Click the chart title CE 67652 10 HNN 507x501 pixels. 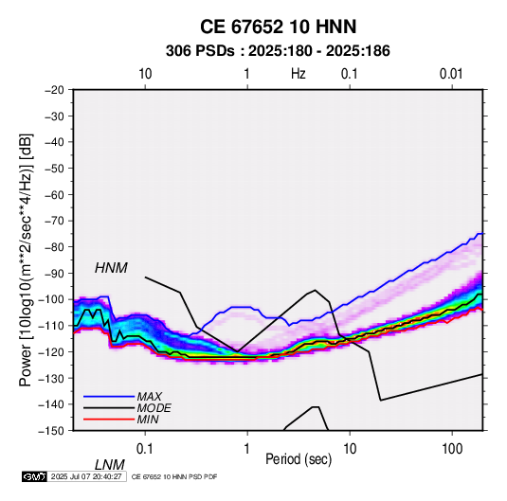pyautogui.click(x=278, y=27)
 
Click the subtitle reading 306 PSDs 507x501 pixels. pyautogui.click(x=200, y=51)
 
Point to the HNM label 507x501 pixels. pyautogui.click(x=111, y=268)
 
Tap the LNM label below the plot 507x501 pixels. pyautogui.click(x=110, y=465)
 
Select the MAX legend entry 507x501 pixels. pyautogui.click(x=150, y=396)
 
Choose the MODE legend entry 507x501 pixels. pyautogui.click(x=154, y=408)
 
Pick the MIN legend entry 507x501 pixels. pyautogui.click(x=148, y=420)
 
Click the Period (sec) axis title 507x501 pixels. pyautogui.click(x=299, y=459)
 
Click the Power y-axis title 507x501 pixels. pyautogui.click(x=26, y=260)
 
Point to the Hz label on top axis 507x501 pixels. pyautogui.click(x=299, y=74)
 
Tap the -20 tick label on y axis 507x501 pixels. pyautogui.click(x=55, y=90)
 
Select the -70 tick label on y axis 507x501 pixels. pyautogui.click(x=55, y=221)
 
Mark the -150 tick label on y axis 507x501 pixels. pyautogui.click(x=52, y=431)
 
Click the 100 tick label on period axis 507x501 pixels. pyautogui.click(x=452, y=449)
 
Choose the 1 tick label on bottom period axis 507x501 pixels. pyautogui.click(x=247, y=449)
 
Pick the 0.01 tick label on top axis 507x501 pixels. pyautogui.click(x=451, y=74)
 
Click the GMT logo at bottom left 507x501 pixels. pyautogui.click(x=35, y=476)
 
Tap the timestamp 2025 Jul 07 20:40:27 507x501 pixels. pyautogui.click(x=86, y=476)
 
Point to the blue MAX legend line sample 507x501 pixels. pyautogui.click(x=109, y=396)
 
